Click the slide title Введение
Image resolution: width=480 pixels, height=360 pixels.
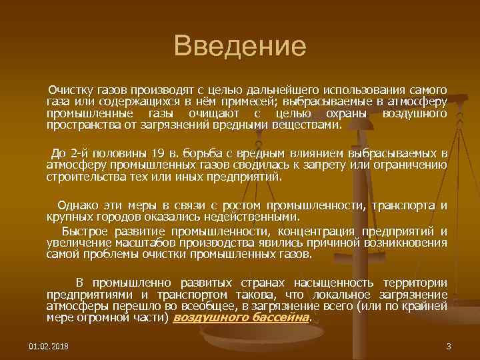[x=239, y=47]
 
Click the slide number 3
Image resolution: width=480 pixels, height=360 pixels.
[x=449, y=347]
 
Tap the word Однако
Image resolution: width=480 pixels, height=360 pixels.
[x=77, y=205]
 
